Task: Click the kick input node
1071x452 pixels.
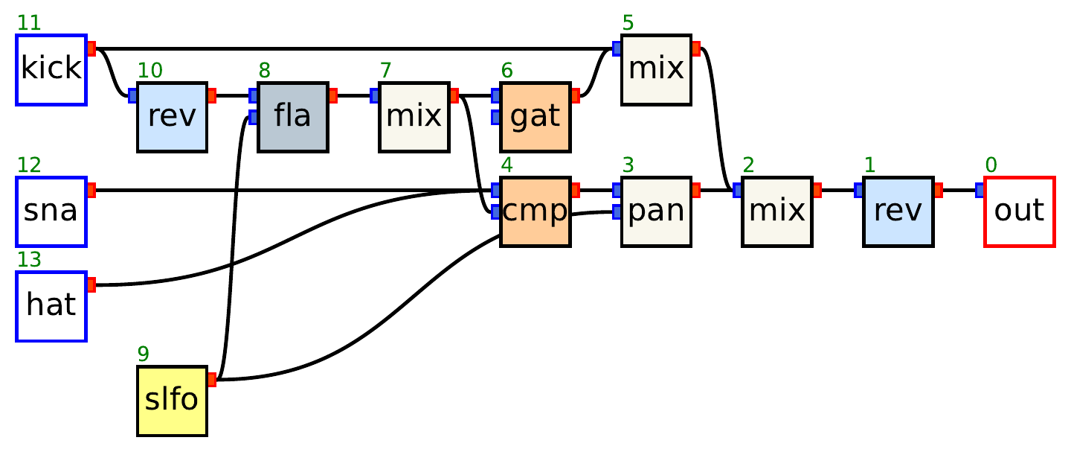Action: tap(51, 70)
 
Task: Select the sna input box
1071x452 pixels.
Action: tap(51, 211)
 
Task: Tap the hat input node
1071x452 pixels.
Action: tap(51, 306)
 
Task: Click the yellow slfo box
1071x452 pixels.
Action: tap(172, 401)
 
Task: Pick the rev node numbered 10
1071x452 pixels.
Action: tap(172, 117)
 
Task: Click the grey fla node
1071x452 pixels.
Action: tap(292, 117)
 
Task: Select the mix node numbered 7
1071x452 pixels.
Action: tap(414, 117)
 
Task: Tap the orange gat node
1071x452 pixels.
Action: tap(535, 117)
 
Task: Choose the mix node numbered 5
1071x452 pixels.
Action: tap(656, 70)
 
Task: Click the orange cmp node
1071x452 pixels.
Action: tap(535, 211)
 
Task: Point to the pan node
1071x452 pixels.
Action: tap(656, 211)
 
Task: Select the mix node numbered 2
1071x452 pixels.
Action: tap(776, 211)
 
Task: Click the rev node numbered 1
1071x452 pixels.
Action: tap(898, 211)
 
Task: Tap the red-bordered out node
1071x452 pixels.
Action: tap(1019, 211)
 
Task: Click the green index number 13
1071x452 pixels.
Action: tap(28, 260)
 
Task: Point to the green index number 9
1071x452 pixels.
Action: tap(143, 354)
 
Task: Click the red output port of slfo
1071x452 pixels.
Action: tap(212, 380)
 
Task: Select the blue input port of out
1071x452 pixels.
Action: tap(980, 191)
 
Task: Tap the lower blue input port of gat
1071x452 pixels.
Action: tap(495, 117)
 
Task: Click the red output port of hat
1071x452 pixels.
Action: tap(91, 284)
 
